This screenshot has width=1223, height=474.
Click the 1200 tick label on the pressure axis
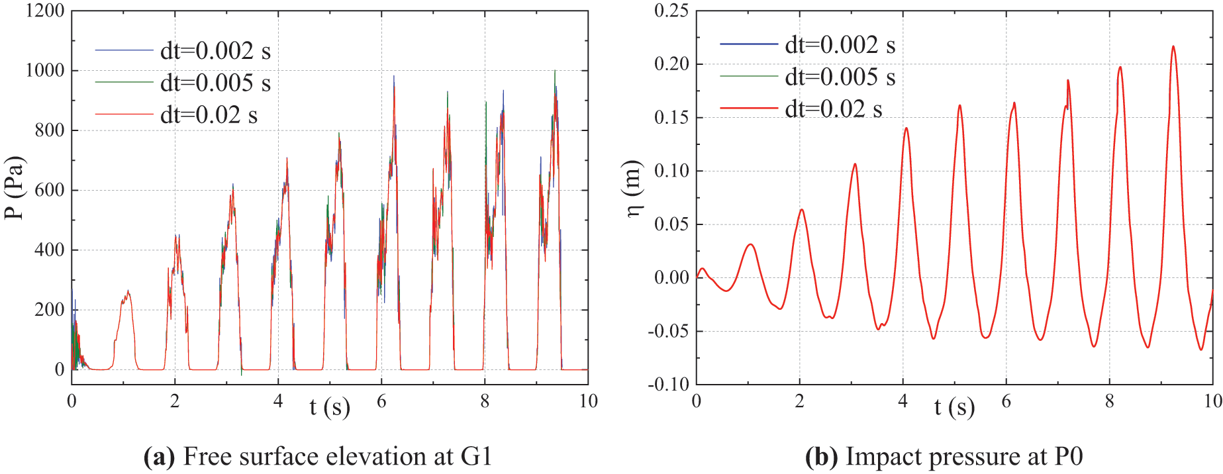[45, 11]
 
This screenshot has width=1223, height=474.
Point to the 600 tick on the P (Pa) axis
[50, 190]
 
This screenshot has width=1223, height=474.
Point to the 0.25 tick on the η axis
[671, 11]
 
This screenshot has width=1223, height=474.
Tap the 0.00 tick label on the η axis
[671, 277]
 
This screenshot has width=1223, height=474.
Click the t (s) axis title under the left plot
[329, 406]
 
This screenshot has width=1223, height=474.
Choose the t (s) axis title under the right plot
[954, 406]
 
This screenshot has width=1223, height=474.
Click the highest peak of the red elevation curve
[1173, 46]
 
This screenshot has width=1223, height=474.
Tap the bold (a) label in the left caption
[160, 457]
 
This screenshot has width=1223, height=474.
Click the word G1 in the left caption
[477, 457]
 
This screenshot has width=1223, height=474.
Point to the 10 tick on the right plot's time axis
[1212, 401]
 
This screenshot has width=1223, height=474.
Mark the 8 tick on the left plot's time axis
[485, 401]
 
